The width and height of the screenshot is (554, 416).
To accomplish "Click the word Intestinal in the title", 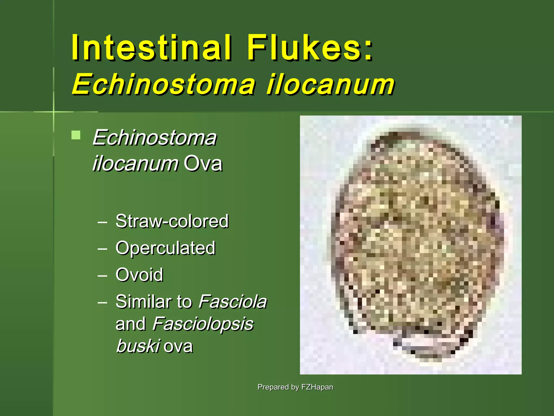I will pyautogui.click(x=151, y=47).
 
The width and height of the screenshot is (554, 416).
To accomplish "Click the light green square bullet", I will pyautogui.click(x=76, y=135).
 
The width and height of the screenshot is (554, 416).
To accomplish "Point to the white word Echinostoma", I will pyautogui.click(x=154, y=138).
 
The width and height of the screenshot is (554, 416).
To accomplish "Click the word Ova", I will pyautogui.click(x=203, y=164).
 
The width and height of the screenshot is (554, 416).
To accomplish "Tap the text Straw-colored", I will pyautogui.click(x=172, y=221).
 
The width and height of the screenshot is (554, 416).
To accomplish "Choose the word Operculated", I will pyautogui.click(x=165, y=248).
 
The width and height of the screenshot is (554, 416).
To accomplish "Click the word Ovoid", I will pyautogui.click(x=139, y=275).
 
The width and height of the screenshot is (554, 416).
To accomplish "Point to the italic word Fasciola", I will pyautogui.click(x=233, y=301).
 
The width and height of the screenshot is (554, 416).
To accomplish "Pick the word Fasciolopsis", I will pyautogui.click(x=203, y=324).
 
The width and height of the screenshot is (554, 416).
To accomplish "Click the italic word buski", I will pyautogui.click(x=138, y=346).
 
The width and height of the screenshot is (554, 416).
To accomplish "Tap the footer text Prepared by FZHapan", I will pyautogui.click(x=295, y=387).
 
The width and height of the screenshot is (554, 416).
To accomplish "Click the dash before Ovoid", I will pyautogui.click(x=102, y=276).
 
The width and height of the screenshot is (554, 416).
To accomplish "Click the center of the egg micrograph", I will pyautogui.click(x=417, y=244).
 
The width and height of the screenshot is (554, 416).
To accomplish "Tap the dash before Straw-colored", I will pyautogui.click(x=102, y=222).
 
